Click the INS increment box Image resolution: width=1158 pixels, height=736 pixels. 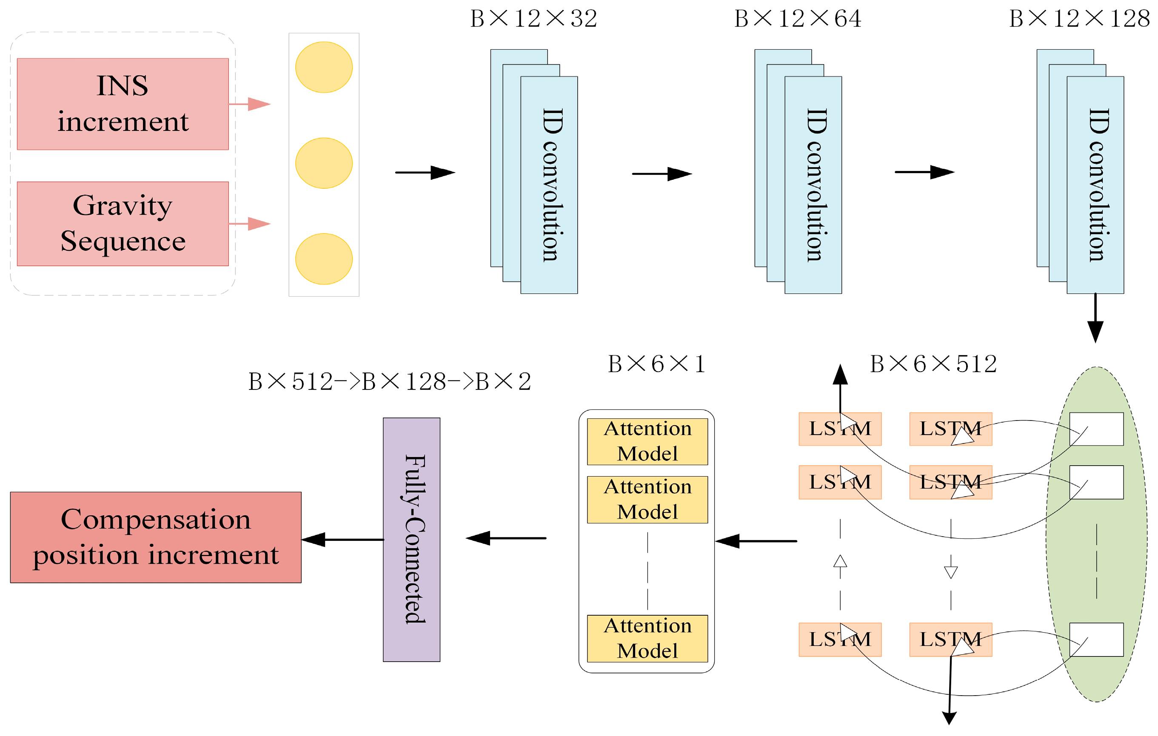pyautogui.click(x=123, y=104)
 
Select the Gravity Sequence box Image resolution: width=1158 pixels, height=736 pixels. pyautogui.click(x=123, y=224)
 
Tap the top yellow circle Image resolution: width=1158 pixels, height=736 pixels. pyautogui.click(x=324, y=67)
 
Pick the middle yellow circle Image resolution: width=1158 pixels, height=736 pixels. pyautogui.click(x=324, y=163)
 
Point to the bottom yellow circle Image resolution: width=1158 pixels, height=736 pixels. pyautogui.click(x=324, y=259)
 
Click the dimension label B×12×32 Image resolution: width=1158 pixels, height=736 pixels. pyautogui.click(x=533, y=19)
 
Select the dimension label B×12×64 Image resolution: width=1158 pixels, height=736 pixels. pyautogui.click(x=797, y=19)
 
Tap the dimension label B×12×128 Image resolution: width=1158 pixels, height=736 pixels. pyautogui.click(x=1079, y=19)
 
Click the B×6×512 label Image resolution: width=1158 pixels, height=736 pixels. pyautogui.click(x=933, y=364)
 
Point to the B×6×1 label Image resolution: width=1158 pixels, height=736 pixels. pyautogui.click(x=656, y=364)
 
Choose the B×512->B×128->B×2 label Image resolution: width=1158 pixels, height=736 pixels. pyautogui.click(x=390, y=382)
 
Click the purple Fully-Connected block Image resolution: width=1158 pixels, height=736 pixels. pyautogui.click(x=411, y=540)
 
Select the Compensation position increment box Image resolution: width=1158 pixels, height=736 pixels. pyautogui.click(x=156, y=537)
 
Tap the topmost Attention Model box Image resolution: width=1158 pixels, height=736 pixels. pyautogui.click(x=647, y=441)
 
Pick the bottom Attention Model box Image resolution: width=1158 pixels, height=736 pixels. pyautogui.click(x=647, y=638)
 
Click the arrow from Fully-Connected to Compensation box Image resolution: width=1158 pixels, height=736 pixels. pyautogui.click(x=342, y=540)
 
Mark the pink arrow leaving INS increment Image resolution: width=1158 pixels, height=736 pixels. pyautogui.click(x=250, y=104)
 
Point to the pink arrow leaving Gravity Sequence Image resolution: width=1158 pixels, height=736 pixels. pyautogui.click(x=250, y=224)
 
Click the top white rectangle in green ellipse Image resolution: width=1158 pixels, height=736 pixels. pyautogui.click(x=1096, y=429)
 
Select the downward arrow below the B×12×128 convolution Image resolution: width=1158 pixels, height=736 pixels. pyautogui.click(x=1095, y=318)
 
